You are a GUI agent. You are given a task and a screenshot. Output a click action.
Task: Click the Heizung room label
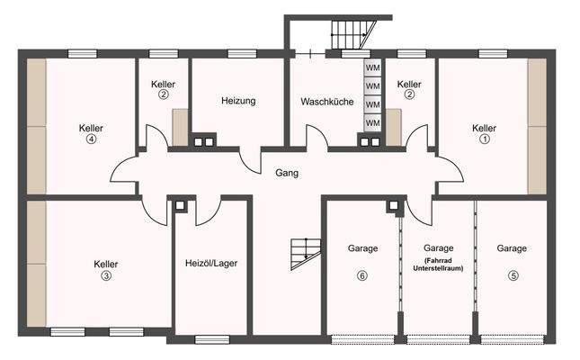point(238,101)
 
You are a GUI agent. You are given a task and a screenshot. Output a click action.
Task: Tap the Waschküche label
point(325,101)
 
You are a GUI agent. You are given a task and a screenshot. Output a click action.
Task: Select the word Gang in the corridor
point(288,172)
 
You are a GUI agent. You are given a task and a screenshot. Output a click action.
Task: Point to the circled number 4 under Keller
point(91,139)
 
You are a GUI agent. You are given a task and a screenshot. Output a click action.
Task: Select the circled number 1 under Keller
point(484,139)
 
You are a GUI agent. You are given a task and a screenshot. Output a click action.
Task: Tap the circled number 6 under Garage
point(362,276)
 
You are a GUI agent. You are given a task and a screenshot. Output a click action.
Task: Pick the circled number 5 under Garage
point(513,276)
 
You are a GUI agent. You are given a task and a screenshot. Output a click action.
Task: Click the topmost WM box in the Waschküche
point(372,68)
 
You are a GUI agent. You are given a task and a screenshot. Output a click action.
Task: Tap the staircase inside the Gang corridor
point(304,254)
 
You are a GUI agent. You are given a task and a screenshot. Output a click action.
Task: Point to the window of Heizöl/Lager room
point(212,339)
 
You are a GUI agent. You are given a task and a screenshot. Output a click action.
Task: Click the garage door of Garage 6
point(361,339)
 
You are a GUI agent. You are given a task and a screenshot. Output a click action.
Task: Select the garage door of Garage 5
point(512,339)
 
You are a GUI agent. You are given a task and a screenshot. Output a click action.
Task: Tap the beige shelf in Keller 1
point(537,126)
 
